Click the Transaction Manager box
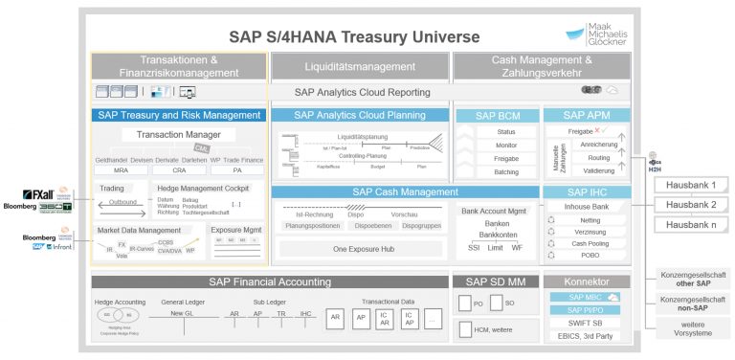[179, 135]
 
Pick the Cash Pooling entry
[590, 243]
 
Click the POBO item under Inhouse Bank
[590, 256]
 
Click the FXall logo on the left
[43, 194]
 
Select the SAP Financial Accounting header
[269, 281]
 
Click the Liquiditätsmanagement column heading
[358, 66]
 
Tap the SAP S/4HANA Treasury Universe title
[354, 37]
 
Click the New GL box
[182, 312]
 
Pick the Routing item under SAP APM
[599, 157]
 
